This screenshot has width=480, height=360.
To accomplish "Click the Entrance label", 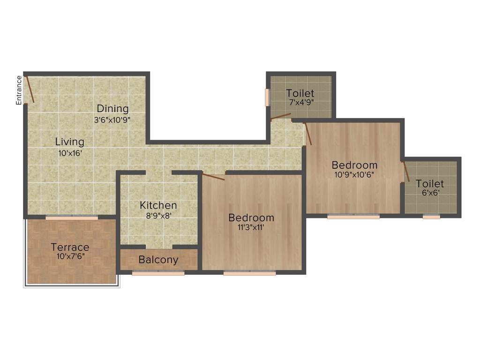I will click(19, 90).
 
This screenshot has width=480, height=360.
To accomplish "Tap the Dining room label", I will click(112, 109).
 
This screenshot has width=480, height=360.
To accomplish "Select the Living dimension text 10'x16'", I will click(69, 152).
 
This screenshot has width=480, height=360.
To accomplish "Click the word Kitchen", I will click(158, 205).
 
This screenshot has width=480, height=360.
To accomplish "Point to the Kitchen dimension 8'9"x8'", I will click(158, 216).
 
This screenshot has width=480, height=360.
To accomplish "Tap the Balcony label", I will click(158, 260).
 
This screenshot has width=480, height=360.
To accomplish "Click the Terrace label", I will click(70, 247).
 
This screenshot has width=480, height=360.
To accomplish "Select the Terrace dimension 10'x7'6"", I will click(70, 256).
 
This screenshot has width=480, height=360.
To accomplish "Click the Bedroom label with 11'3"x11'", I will click(251, 218).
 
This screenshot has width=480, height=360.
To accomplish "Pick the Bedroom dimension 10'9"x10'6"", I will click(354, 175).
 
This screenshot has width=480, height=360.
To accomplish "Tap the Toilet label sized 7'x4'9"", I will click(300, 93).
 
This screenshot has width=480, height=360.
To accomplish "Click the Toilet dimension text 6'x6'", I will click(430, 192).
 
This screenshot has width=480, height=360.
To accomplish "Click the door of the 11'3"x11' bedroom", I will click(213, 176).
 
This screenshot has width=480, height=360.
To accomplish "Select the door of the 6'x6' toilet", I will click(406, 172).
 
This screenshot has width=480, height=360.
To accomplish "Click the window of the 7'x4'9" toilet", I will click(268, 97).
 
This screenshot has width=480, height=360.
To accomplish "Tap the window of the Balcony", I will click(158, 273).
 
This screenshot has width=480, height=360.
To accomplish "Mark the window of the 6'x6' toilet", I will click(431, 217).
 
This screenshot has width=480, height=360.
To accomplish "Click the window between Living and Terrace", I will click(72, 217).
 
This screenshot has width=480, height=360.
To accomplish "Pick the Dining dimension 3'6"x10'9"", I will click(112, 120).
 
